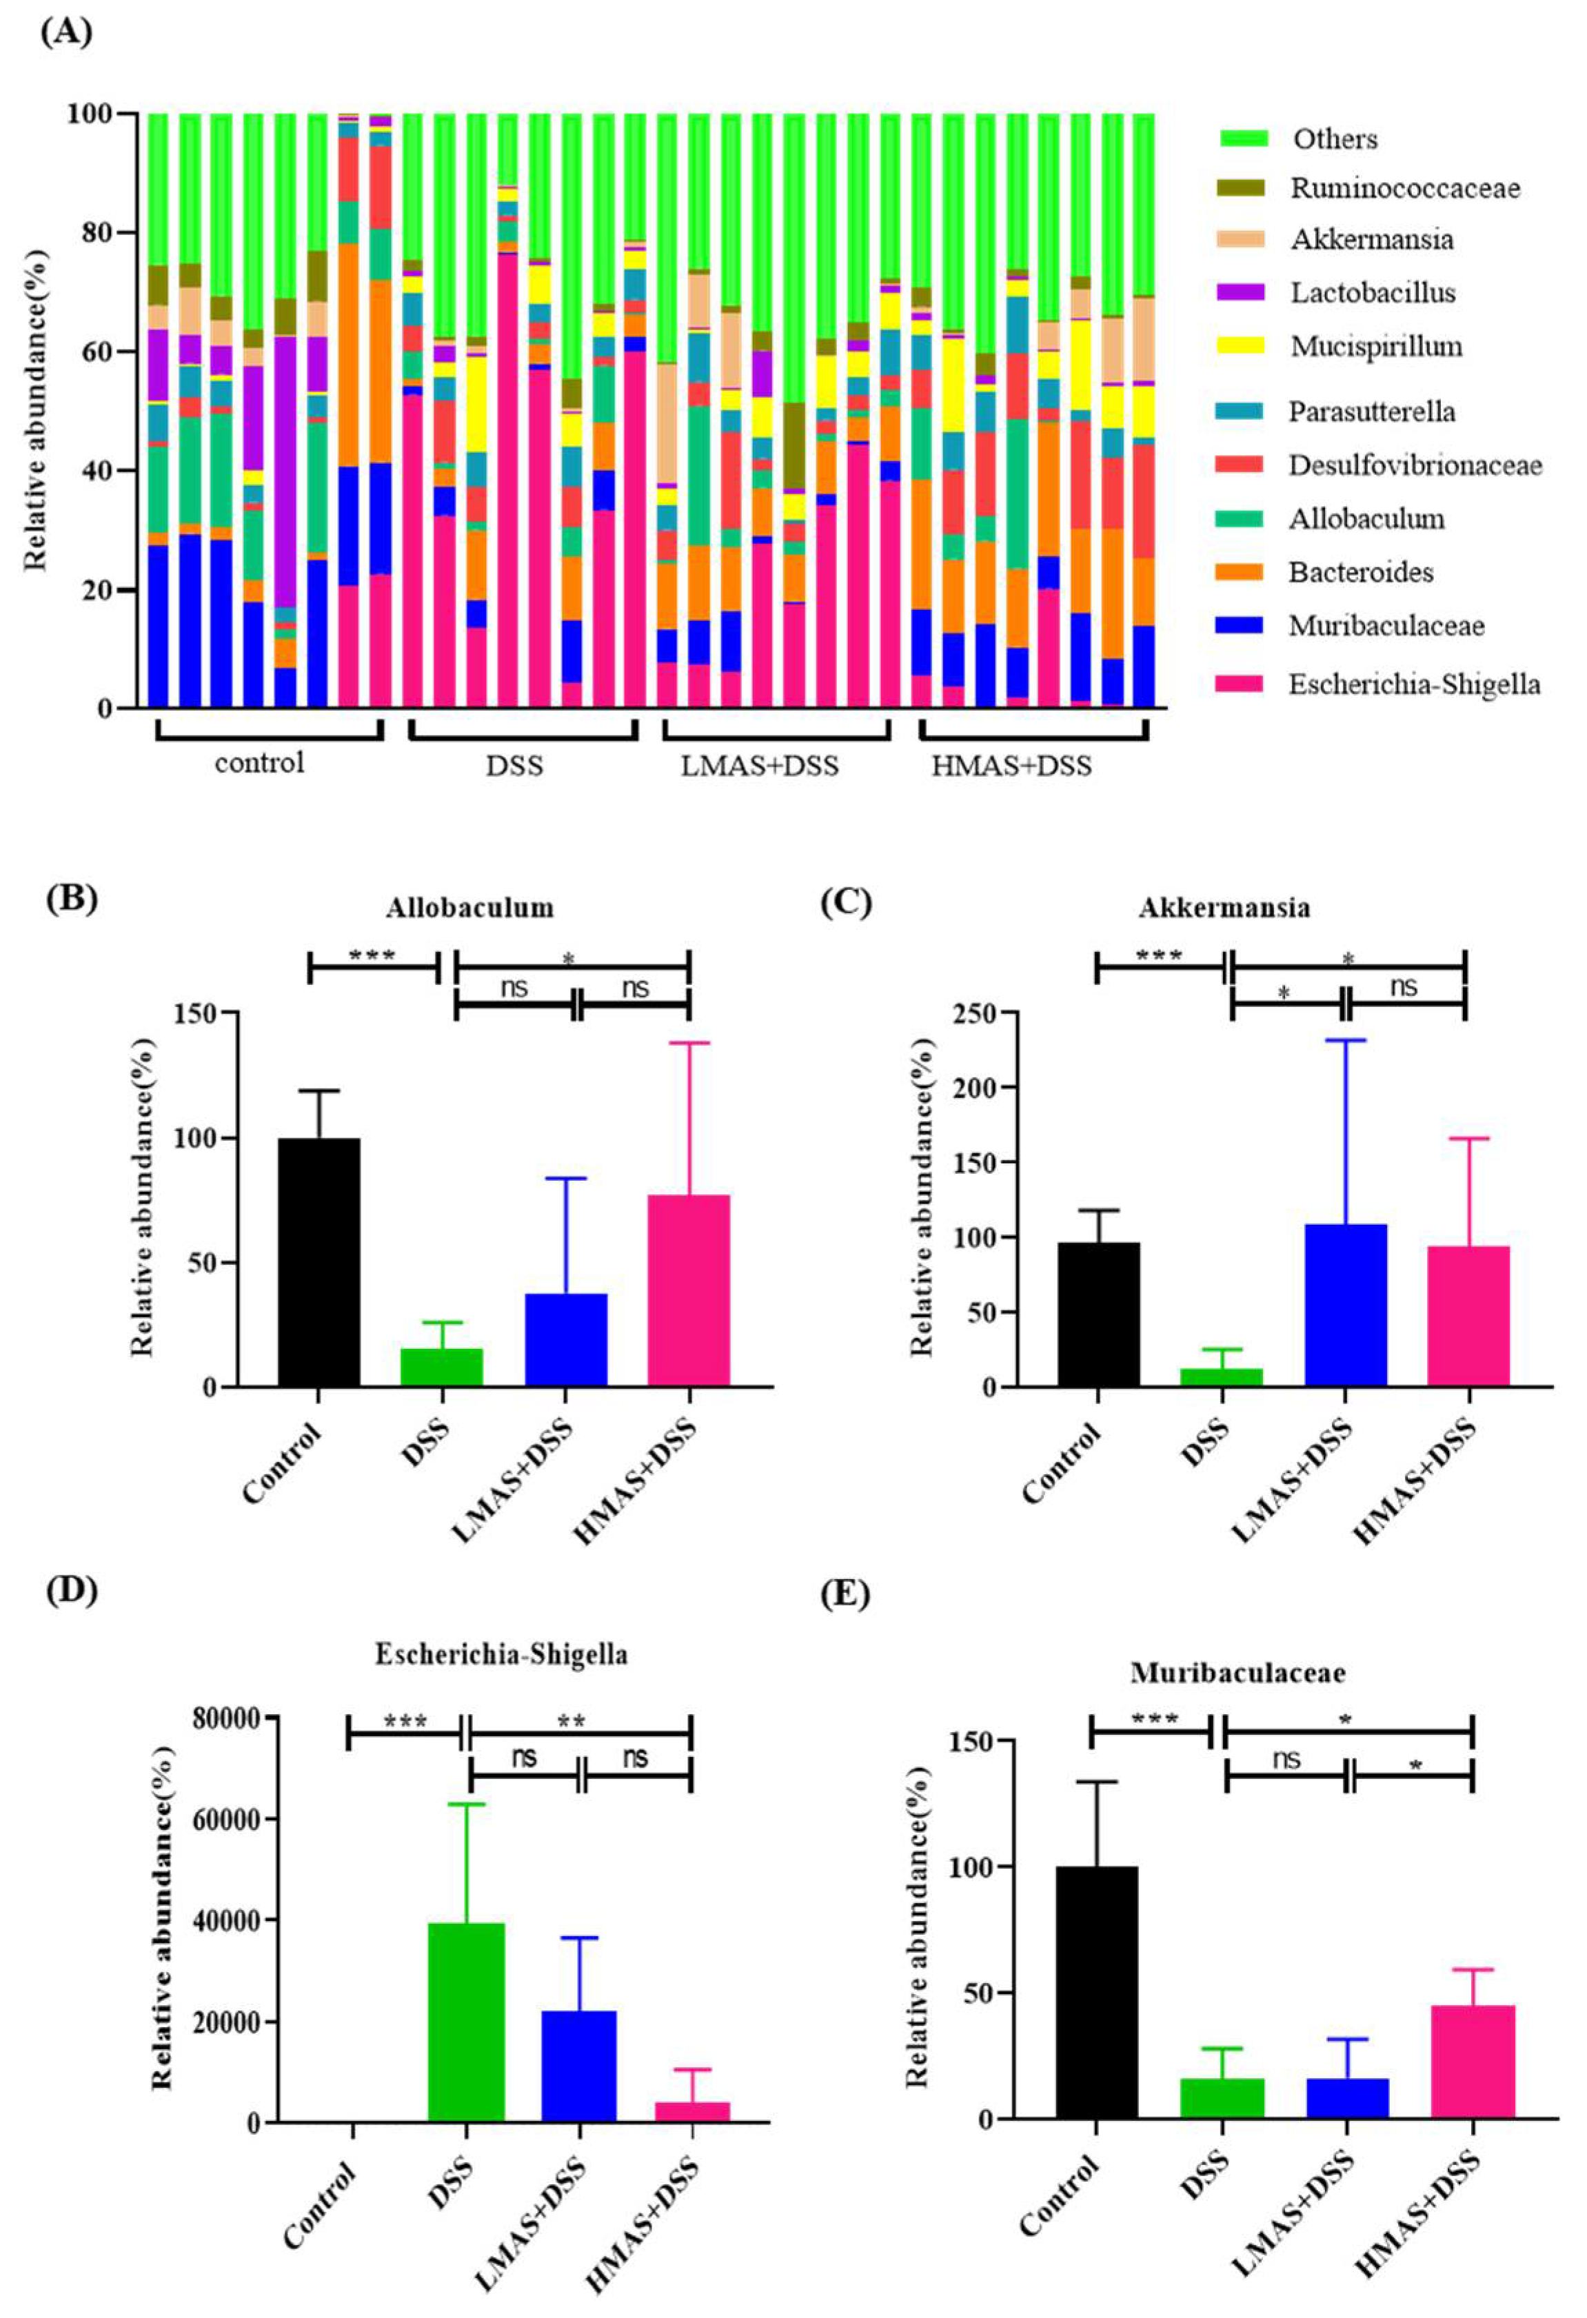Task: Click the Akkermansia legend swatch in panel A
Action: click(x=1242, y=239)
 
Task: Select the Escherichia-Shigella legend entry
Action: click(x=1413, y=684)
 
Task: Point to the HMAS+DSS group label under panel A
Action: click(x=1011, y=765)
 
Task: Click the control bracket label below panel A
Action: click(x=259, y=763)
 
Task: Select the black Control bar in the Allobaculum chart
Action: click(x=319, y=1262)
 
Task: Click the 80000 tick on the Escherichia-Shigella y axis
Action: click(x=225, y=1718)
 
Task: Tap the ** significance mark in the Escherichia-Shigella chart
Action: click(x=571, y=1722)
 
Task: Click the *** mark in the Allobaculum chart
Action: click(x=372, y=955)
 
